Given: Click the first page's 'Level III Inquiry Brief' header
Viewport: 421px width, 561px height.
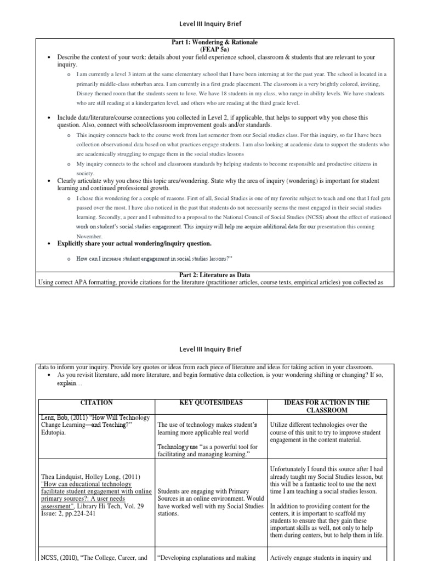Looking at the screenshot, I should (x=211, y=24).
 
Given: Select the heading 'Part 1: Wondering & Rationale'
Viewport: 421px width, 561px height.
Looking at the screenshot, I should (x=215, y=42).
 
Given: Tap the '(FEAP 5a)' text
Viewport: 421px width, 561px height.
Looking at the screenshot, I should (x=214, y=49).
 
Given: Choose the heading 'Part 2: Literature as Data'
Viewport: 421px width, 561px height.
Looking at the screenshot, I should (x=215, y=274).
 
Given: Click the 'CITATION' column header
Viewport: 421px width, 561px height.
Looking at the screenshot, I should (x=96, y=402).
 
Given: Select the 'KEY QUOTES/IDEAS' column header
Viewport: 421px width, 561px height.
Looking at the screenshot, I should (x=210, y=402).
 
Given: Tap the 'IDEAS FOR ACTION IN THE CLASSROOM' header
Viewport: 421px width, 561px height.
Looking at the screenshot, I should (x=327, y=406).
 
